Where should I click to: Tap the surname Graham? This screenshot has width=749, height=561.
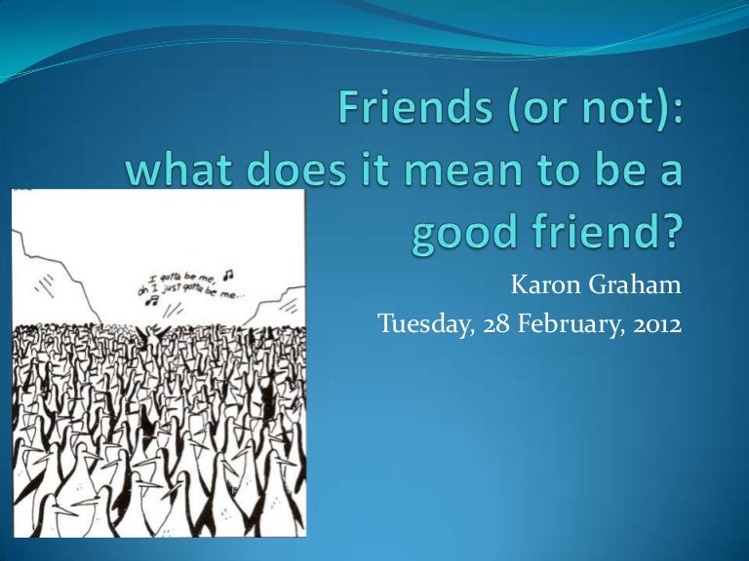[629, 286]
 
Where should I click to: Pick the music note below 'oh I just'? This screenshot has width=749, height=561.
[152, 303]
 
